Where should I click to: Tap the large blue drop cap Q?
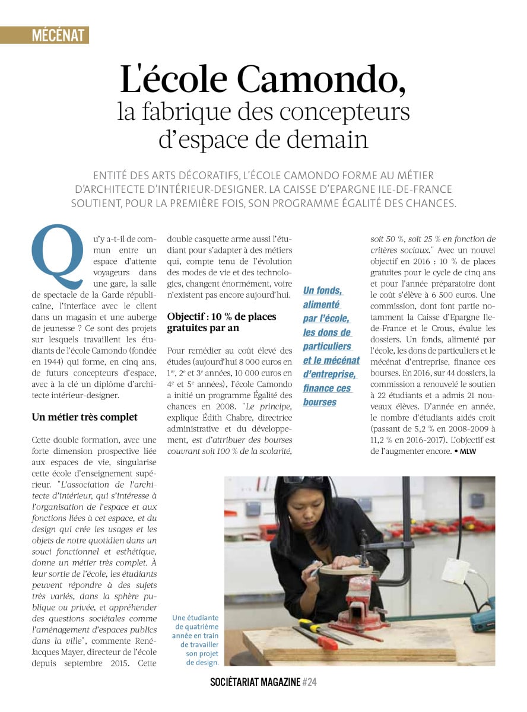[x=57, y=256]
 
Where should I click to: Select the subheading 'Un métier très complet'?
[x=84, y=417]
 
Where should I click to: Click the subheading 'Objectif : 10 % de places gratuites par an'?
[x=221, y=322]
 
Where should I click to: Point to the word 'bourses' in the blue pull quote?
[x=319, y=402]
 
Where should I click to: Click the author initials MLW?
[x=468, y=452]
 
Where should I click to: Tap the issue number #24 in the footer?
[x=309, y=682]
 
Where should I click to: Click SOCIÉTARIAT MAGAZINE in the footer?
[x=255, y=682]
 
